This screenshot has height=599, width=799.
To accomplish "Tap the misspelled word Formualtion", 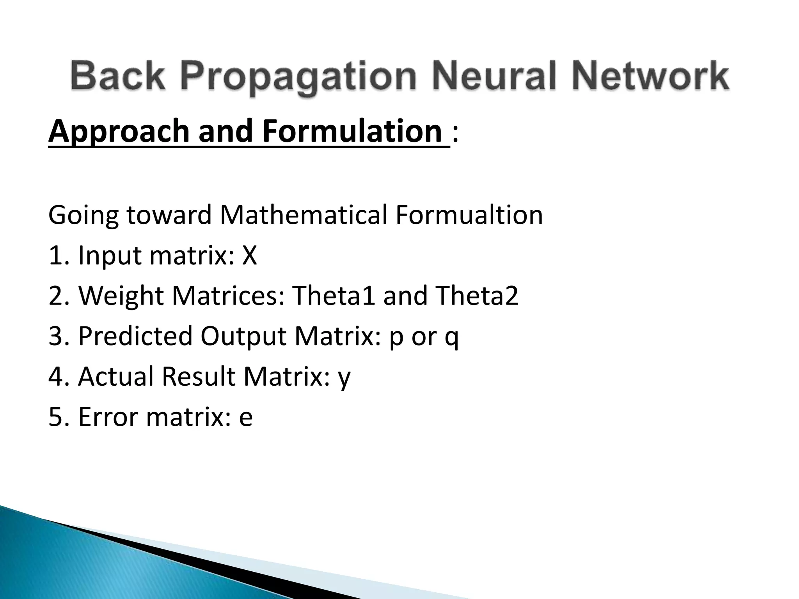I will (469, 215).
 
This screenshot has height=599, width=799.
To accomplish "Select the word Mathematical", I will (304, 215).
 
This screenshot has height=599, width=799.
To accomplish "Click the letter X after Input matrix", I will (250, 256).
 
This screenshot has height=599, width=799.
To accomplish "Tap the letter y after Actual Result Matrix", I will (344, 378).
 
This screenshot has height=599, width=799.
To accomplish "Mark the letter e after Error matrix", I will (246, 418).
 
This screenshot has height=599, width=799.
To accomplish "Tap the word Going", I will (83, 216).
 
